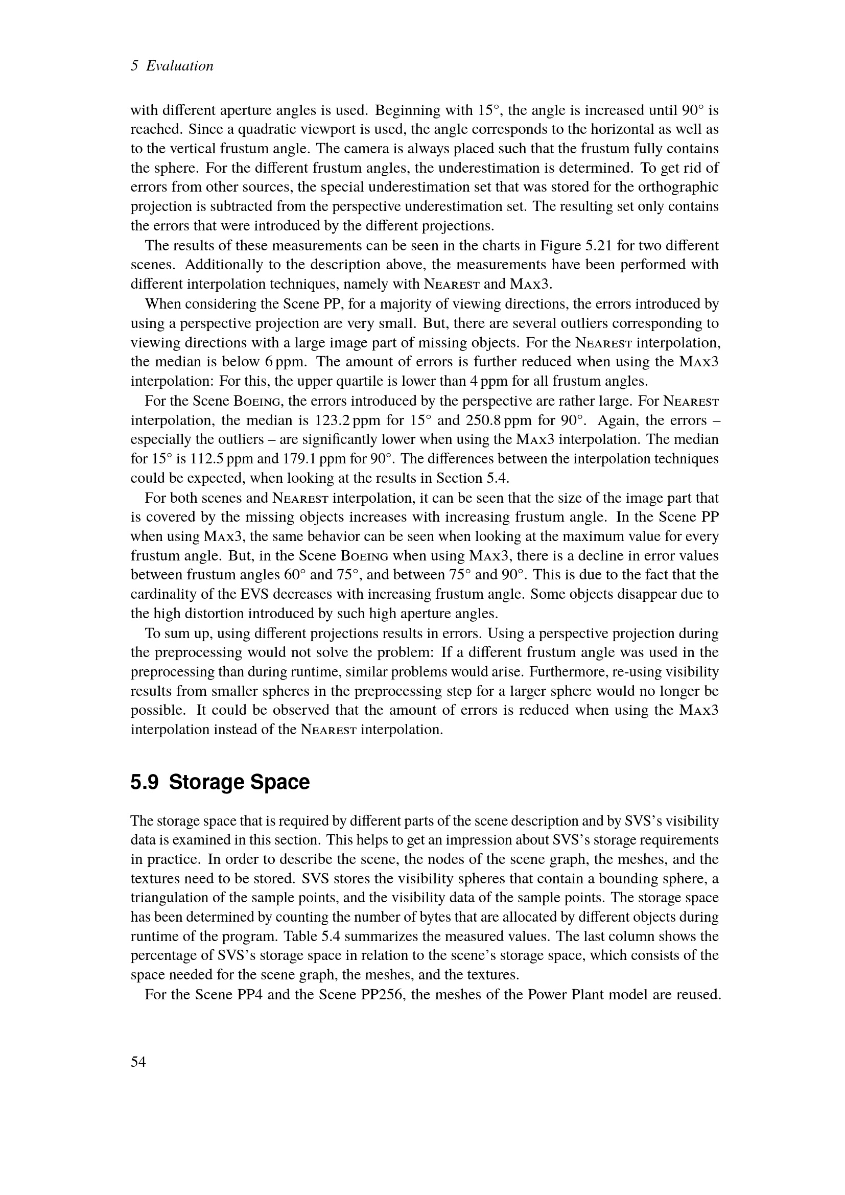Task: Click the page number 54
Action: (x=138, y=1062)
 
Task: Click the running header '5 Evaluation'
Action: (x=172, y=65)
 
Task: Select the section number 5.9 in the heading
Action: (x=144, y=782)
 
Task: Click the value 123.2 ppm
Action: (x=342, y=420)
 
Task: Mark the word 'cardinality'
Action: (x=166, y=594)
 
